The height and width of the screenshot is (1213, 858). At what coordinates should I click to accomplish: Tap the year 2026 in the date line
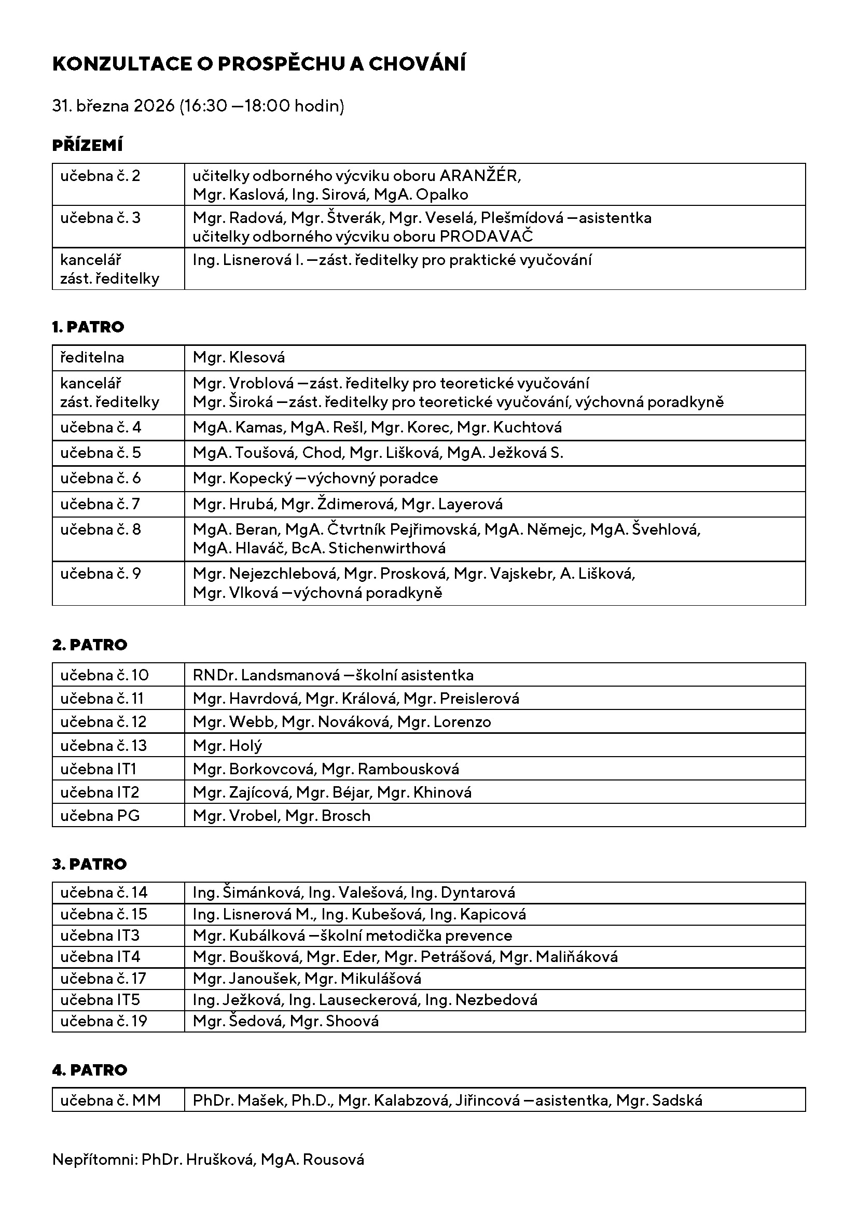point(154,106)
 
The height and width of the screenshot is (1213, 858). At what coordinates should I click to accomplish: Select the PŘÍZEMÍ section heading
point(88,145)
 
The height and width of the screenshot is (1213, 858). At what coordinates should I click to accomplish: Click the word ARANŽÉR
point(479,176)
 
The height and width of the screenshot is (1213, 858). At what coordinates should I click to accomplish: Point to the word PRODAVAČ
point(486,236)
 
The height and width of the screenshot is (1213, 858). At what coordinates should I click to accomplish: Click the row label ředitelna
point(92,358)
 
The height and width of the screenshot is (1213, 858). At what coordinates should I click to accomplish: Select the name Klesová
point(257,358)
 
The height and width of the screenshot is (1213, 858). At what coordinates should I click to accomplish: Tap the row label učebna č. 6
point(101,479)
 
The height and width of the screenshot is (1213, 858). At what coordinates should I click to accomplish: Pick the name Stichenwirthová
point(387,548)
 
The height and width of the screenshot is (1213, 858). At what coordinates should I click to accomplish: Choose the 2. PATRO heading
point(90,645)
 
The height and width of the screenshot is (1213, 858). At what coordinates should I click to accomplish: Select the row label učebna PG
point(100,816)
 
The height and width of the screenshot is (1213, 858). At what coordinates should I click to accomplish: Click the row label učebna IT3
point(100,936)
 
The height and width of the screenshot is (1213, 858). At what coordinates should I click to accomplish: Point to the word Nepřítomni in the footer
point(94,1160)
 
